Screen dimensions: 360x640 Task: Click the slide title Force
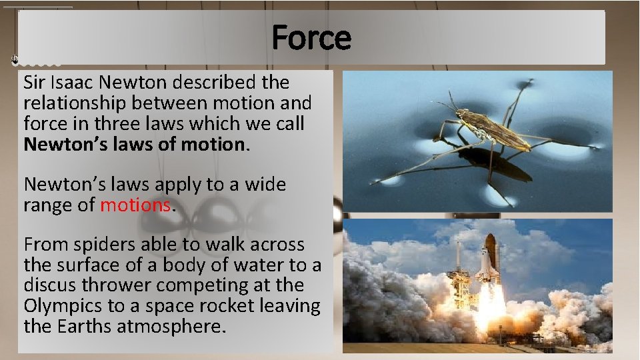(311, 37)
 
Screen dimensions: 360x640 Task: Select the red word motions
(135, 205)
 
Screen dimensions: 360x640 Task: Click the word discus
(48, 285)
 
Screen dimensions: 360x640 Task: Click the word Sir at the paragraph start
(34, 83)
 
